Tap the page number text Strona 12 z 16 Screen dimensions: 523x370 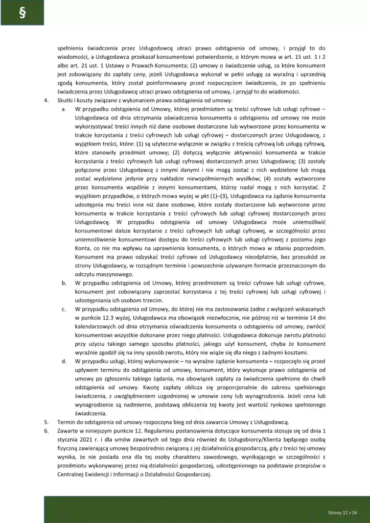[x=341, y=511]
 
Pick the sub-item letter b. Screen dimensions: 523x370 [x=63, y=282]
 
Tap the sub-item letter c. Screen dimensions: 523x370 [x=63, y=308]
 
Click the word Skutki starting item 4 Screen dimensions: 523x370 [x=66, y=101]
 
